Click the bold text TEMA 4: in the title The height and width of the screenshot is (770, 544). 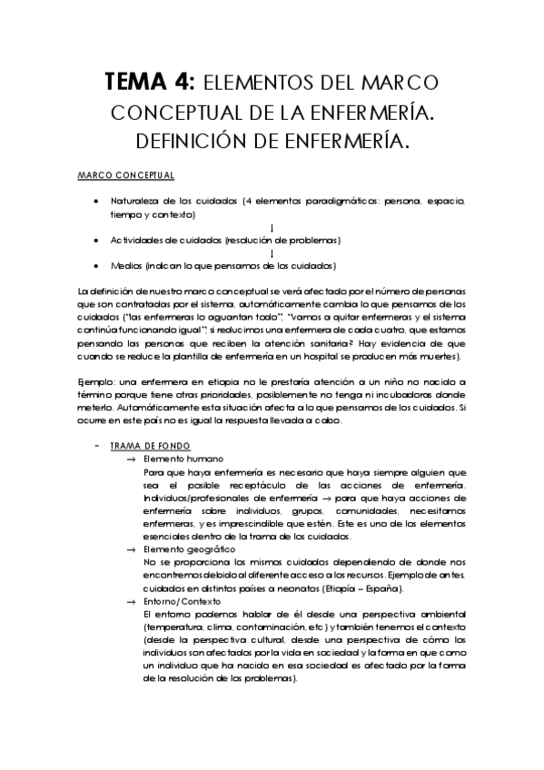[149, 84]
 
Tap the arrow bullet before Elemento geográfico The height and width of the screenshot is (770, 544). [132, 550]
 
